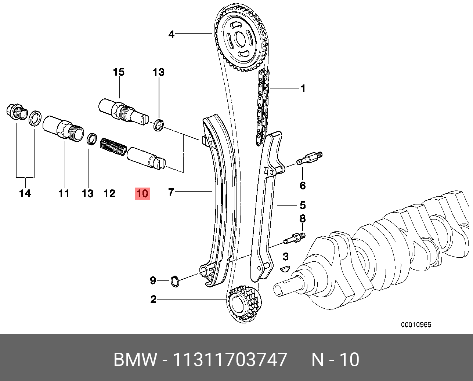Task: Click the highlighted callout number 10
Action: [x=142, y=193]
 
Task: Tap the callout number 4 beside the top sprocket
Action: [x=171, y=35]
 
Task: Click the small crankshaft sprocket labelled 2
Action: [x=244, y=303]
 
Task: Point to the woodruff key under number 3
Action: [x=285, y=269]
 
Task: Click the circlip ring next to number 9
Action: [x=175, y=281]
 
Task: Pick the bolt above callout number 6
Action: [x=309, y=159]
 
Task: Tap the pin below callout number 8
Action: [x=295, y=238]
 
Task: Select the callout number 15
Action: [x=119, y=72]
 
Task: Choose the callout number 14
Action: [x=25, y=193]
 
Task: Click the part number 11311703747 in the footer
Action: [x=230, y=359]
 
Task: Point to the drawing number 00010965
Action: [x=416, y=324]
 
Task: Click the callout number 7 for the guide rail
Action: [x=171, y=192]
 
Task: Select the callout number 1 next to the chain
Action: [x=303, y=88]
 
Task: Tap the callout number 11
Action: [x=64, y=193]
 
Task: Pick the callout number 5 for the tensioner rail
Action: [x=303, y=205]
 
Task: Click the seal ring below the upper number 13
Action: [x=159, y=125]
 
